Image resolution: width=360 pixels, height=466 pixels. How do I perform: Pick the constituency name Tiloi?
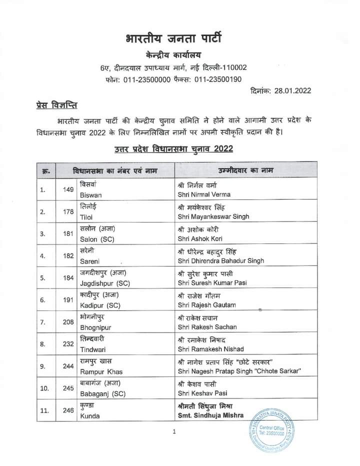click(x=86, y=216)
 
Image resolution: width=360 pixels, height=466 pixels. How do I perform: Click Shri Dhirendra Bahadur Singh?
click(x=220, y=260)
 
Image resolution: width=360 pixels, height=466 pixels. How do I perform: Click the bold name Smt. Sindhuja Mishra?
click(x=210, y=415)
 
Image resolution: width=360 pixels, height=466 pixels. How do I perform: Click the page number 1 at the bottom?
click(x=173, y=432)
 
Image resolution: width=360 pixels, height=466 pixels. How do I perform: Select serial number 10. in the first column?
click(x=44, y=388)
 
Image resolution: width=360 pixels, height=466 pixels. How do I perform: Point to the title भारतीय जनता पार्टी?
click(x=173, y=38)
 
